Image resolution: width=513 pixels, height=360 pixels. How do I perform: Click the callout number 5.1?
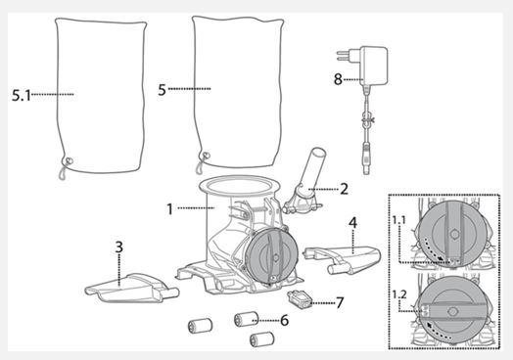tap(22, 96)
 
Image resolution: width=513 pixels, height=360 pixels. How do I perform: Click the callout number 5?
tap(162, 90)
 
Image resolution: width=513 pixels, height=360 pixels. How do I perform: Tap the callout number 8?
tap(338, 79)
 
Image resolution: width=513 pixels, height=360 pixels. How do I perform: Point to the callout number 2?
tap(344, 189)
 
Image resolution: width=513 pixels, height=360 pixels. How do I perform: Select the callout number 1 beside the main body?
tap(169, 209)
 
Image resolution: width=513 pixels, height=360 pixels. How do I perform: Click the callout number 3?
tap(119, 247)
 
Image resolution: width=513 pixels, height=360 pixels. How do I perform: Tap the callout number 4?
tap(352, 223)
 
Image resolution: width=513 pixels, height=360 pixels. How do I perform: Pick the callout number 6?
tap(285, 320)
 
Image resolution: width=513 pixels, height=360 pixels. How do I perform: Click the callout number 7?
tap(340, 303)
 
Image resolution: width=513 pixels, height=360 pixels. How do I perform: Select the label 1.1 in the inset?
tap(399, 220)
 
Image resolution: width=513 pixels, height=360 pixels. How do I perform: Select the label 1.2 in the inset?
tap(399, 294)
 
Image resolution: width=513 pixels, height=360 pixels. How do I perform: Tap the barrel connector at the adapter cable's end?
tap(366, 159)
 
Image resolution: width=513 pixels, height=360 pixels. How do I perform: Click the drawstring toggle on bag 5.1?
tap(69, 161)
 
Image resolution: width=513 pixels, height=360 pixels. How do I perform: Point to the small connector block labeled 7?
tap(299, 299)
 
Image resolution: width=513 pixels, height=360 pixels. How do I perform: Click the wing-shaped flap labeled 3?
tap(131, 288)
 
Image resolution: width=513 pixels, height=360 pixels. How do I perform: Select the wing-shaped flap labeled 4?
tap(343, 258)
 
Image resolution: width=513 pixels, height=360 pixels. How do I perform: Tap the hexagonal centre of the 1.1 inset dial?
tap(453, 234)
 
